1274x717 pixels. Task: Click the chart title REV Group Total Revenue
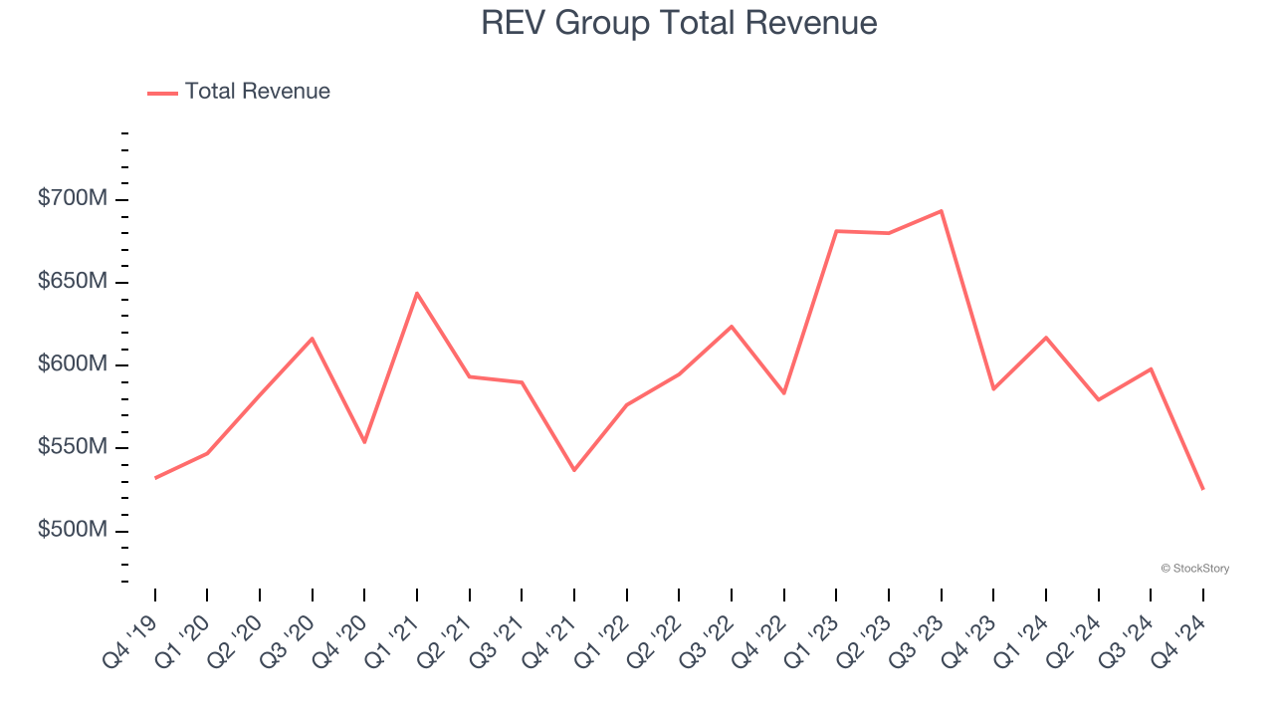pyautogui.click(x=679, y=22)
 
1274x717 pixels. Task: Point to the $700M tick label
pyautogui.click(x=72, y=199)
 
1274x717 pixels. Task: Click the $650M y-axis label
pyautogui.click(x=72, y=282)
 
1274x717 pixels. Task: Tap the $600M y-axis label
pyautogui.click(x=72, y=364)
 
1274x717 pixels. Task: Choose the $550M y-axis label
pyautogui.click(x=72, y=447)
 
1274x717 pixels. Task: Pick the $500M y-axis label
pyautogui.click(x=72, y=530)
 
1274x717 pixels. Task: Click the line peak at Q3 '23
pyautogui.click(x=941, y=211)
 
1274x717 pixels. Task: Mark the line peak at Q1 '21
pyautogui.click(x=417, y=293)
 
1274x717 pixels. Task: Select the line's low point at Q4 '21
pyautogui.click(x=574, y=470)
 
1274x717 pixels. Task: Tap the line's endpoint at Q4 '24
pyautogui.click(x=1202, y=489)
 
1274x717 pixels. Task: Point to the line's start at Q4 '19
pyautogui.click(x=155, y=478)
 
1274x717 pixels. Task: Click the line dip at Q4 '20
pyautogui.click(x=364, y=441)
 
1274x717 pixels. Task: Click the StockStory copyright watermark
pyautogui.click(x=1194, y=569)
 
